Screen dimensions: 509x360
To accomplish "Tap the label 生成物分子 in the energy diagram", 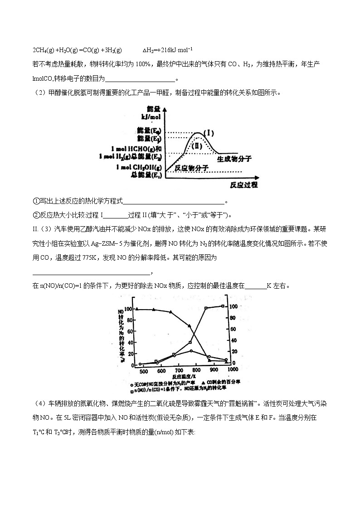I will (x=234, y=159).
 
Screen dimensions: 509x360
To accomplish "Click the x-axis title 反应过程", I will (x=243, y=184).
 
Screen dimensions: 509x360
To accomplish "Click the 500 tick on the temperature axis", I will (x=143, y=372).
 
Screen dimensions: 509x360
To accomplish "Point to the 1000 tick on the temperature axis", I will (x=232, y=369).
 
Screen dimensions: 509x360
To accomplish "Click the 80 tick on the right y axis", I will (x=235, y=318).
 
